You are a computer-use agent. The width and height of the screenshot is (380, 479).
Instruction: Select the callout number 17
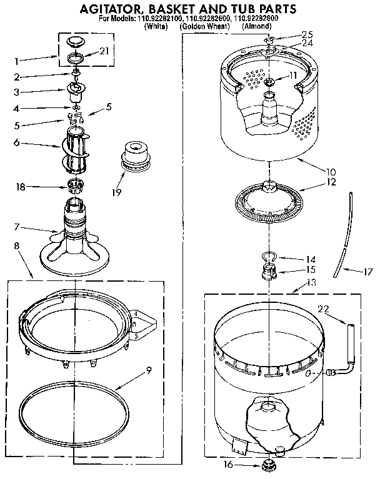pos(367,272)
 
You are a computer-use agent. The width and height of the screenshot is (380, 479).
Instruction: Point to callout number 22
pos(323,309)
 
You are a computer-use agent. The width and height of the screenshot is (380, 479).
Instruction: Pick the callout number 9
pos(148,370)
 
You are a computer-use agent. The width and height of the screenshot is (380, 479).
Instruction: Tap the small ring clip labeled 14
pos(268,256)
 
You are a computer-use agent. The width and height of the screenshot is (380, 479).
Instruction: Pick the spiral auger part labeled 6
pos(76,150)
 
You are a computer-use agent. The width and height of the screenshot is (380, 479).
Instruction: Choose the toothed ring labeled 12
pos(269,204)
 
